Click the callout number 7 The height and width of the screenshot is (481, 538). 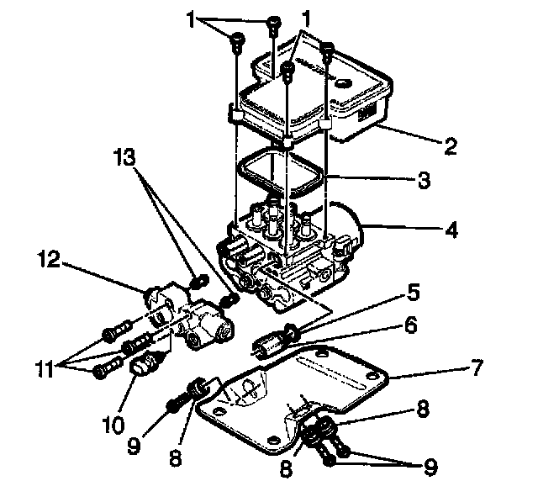tap(476, 368)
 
